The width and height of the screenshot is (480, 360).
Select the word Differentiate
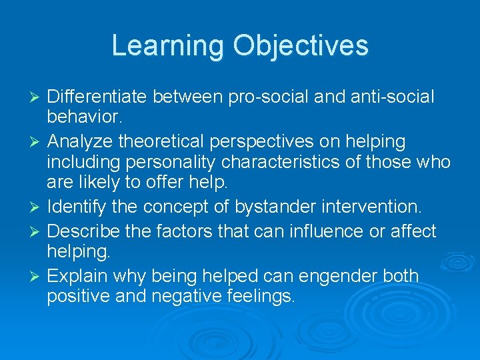97,97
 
